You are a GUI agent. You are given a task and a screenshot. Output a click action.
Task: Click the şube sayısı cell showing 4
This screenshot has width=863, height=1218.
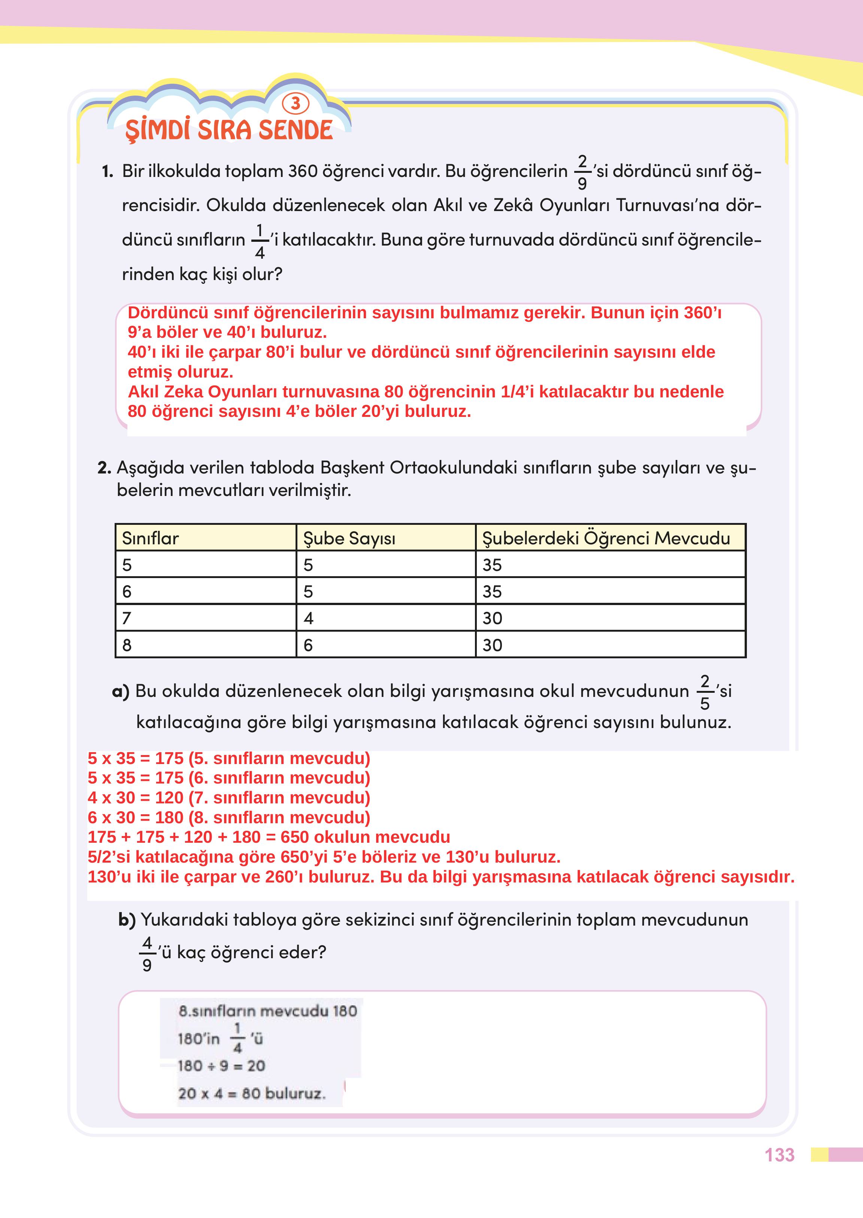(309, 618)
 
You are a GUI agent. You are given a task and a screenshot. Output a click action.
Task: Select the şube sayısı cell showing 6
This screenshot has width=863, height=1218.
(309, 645)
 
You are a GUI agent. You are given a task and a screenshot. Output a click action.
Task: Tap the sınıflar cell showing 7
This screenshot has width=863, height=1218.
(127, 618)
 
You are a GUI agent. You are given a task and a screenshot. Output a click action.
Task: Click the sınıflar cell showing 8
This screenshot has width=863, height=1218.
(127, 645)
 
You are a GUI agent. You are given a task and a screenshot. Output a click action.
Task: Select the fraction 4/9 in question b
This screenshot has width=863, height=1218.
(147, 953)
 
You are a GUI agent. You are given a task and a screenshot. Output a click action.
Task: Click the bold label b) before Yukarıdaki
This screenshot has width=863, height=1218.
(127, 920)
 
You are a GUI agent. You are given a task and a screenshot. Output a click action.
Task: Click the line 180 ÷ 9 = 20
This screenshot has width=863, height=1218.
(221, 1065)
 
